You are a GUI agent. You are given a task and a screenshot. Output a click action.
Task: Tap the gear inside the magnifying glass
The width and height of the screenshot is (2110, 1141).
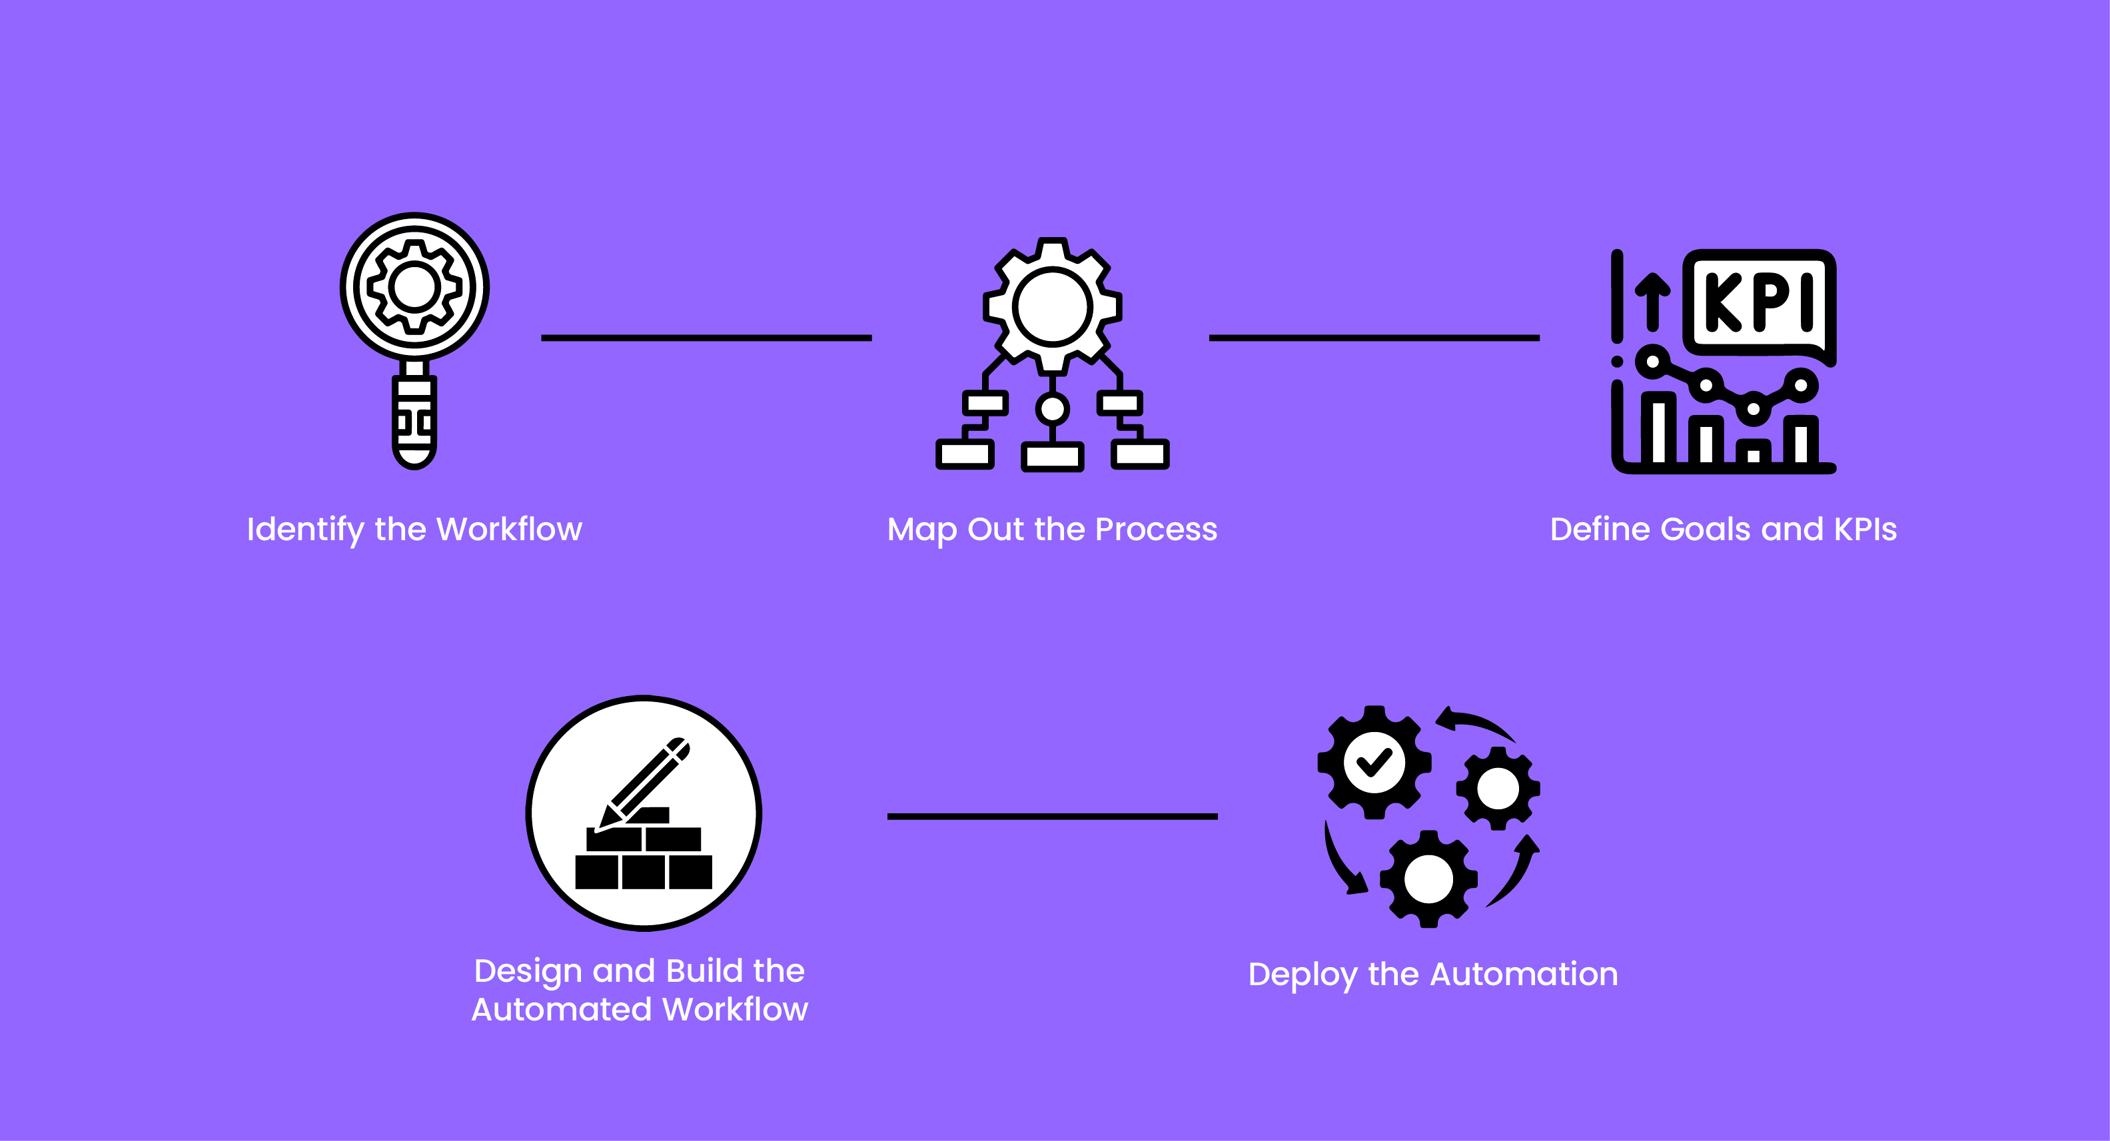pos(414,286)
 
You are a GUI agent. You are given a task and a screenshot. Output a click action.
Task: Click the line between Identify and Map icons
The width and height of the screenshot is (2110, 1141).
pos(706,338)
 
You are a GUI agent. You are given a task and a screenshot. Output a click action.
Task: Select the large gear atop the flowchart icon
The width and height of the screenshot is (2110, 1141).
pos(1053,306)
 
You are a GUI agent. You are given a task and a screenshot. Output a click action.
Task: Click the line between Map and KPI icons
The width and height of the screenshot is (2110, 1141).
pos(1374,338)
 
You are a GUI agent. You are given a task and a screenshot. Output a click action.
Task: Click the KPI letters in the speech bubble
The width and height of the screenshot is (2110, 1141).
pos(1760,302)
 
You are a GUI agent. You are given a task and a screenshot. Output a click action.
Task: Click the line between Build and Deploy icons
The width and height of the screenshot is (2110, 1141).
pos(1052,816)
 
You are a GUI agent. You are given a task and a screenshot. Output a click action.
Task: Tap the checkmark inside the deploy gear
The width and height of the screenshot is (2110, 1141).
pos(1374,763)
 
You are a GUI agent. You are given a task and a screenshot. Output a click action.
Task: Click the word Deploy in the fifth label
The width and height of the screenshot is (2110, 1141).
pos(1303,974)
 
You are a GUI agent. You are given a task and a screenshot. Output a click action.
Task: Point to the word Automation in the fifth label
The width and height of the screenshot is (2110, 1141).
pos(1524,974)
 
